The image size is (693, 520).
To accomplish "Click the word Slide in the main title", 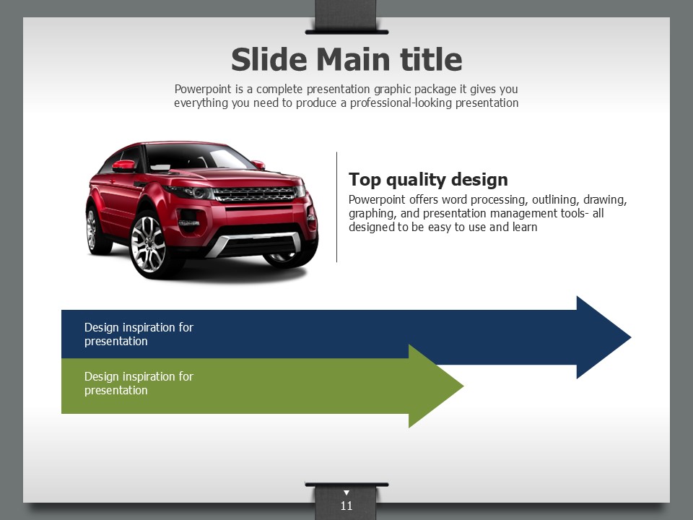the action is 269,59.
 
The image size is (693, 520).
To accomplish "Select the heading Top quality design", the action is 428,180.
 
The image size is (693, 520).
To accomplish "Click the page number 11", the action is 346,506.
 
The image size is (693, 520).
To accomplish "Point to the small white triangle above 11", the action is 346,493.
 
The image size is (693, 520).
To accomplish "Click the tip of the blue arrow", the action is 631,337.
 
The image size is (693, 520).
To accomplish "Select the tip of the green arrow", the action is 463,386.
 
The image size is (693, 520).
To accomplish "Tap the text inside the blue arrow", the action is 139,334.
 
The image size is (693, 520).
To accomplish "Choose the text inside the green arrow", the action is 139,383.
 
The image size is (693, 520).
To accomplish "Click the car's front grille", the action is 256,194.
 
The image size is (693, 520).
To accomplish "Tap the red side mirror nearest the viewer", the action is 123,166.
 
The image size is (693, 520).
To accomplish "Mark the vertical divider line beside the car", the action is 337,207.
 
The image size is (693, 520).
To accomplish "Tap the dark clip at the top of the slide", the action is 346,17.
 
